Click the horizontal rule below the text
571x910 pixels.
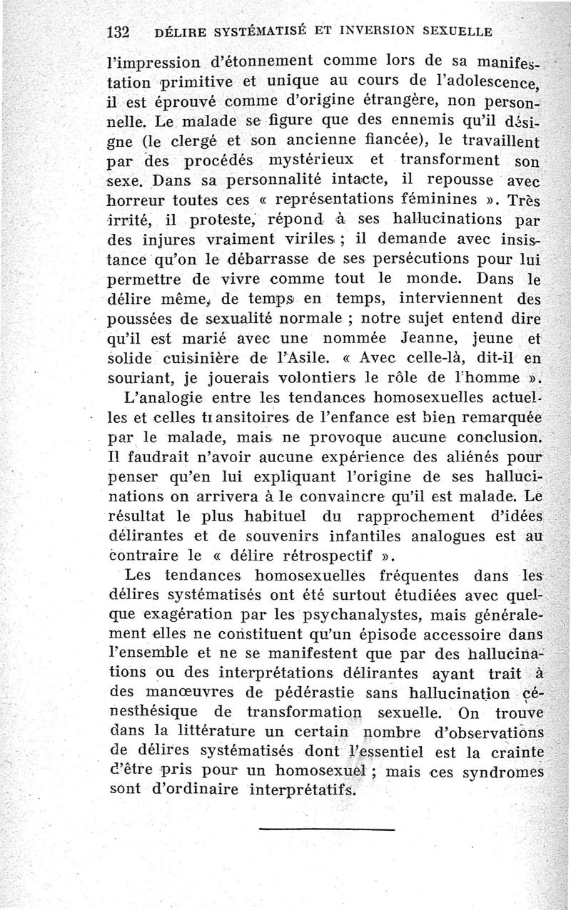tap(327, 829)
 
